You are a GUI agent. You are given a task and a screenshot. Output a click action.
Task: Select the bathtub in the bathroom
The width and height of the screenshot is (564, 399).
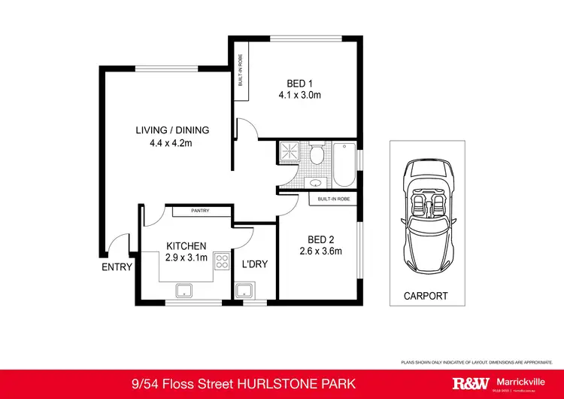343,165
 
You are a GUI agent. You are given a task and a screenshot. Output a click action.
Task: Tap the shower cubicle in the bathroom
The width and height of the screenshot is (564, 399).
290,153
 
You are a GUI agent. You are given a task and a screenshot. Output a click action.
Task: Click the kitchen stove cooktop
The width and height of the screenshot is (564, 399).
223,262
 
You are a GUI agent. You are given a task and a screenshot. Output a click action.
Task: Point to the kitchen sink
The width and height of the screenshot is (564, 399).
183,291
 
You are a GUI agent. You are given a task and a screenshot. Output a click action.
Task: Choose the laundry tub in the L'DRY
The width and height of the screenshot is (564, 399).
244,291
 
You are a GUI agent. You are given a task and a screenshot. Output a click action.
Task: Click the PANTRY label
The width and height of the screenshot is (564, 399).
200,211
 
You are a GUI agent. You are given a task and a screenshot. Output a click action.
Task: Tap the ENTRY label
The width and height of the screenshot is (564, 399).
117,267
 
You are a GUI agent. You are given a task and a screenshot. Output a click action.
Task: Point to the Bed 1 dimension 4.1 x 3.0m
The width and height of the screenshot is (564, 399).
299,96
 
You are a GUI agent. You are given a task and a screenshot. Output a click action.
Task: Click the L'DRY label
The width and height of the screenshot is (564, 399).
255,264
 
